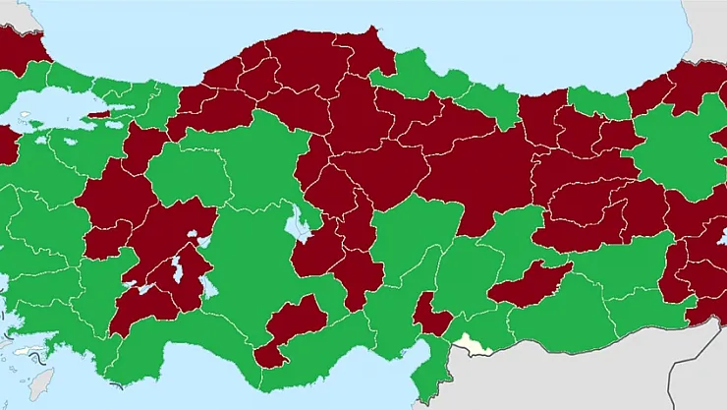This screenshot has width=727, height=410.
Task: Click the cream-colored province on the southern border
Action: pyautogui.click(x=474, y=345)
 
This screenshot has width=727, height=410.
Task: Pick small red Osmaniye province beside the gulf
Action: pyautogui.click(x=430, y=316)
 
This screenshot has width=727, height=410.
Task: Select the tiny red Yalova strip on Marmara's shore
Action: pyautogui.click(x=99, y=114)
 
